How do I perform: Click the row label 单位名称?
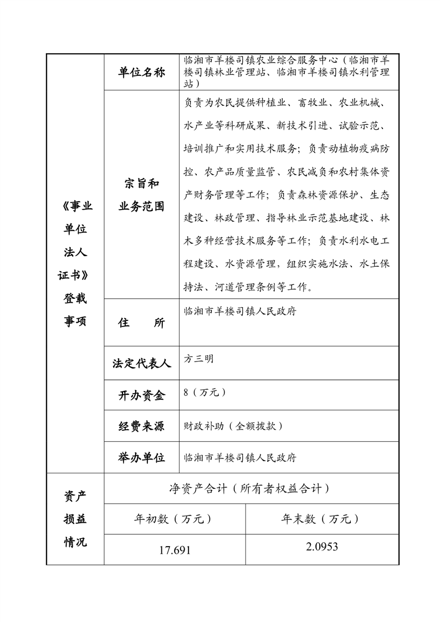click(142, 73)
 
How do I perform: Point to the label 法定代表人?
click(142, 364)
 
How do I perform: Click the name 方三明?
click(198, 359)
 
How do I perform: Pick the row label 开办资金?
click(142, 395)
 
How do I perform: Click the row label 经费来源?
click(142, 426)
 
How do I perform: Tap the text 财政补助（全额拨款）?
click(234, 426)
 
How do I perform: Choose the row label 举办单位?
click(142, 457)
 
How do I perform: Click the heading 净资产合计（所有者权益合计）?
click(251, 488)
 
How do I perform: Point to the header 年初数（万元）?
click(174, 519)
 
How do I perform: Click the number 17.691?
click(175, 550)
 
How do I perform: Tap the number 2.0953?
click(321, 547)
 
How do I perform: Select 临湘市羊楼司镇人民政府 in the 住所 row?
click(240, 311)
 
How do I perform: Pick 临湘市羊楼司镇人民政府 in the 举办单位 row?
click(240, 458)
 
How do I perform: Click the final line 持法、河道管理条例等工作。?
click(250, 287)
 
